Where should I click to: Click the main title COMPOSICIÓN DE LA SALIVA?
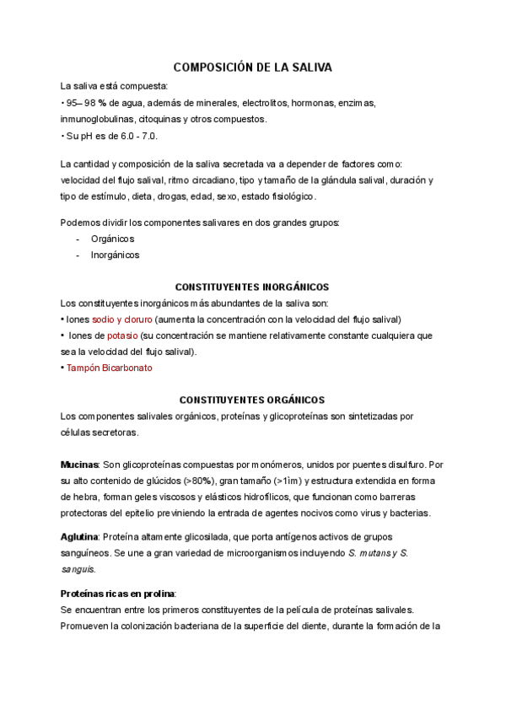coord(252,67)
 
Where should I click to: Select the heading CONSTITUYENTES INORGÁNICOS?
coord(252,287)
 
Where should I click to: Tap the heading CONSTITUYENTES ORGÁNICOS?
coord(252,400)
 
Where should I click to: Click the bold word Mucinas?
coord(79,465)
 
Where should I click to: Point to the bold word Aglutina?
coord(80,537)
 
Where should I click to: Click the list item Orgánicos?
coord(112,239)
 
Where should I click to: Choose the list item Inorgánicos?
coord(116,254)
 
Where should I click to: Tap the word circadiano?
coord(207,180)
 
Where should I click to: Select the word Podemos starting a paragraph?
coord(81,223)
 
